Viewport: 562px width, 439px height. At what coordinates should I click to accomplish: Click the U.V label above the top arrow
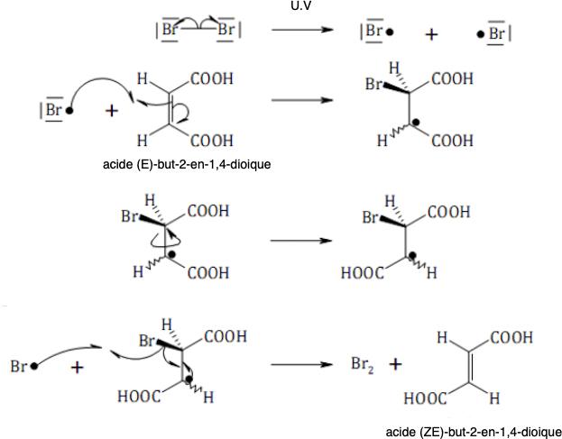(300, 5)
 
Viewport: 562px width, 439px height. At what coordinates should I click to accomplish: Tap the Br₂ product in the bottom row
(363, 365)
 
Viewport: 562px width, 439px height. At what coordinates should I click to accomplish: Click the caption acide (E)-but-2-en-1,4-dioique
(187, 164)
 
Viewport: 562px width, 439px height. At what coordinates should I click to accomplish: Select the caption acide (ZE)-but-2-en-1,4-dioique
(474, 432)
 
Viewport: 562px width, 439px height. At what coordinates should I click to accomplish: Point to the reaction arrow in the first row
(302, 30)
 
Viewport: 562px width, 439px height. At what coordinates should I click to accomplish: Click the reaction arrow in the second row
(302, 99)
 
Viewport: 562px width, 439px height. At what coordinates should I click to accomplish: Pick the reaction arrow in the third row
(301, 241)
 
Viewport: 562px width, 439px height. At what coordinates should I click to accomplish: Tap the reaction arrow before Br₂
(302, 364)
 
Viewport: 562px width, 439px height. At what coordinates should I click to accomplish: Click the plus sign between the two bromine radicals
(431, 34)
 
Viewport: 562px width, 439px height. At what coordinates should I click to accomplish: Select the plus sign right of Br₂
(395, 364)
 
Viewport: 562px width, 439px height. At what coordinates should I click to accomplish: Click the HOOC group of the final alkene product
(425, 398)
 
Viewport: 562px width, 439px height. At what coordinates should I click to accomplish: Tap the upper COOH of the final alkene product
(511, 337)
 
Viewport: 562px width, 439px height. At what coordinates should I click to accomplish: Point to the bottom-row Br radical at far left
(23, 366)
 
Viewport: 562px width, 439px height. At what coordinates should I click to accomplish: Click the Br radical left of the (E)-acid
(56, 110)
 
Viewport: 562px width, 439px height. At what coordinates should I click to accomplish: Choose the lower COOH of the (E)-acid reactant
(211, 141)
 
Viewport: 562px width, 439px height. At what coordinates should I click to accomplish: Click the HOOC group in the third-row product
(363, 273)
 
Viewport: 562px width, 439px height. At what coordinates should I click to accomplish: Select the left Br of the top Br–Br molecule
(169, 30)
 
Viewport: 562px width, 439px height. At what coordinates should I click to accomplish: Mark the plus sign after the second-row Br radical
(112, 111)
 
